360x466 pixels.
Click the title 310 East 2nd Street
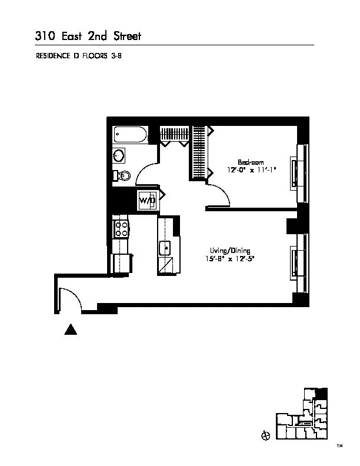(88, 36)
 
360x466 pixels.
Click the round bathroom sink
(119, 155)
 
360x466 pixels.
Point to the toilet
(122, 175)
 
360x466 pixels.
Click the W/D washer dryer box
(148, 201)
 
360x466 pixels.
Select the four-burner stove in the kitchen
(121, 228)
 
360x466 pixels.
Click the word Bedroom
(251, 162)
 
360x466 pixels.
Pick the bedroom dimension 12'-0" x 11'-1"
(251, 170)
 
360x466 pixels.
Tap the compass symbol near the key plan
(265, 435)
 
